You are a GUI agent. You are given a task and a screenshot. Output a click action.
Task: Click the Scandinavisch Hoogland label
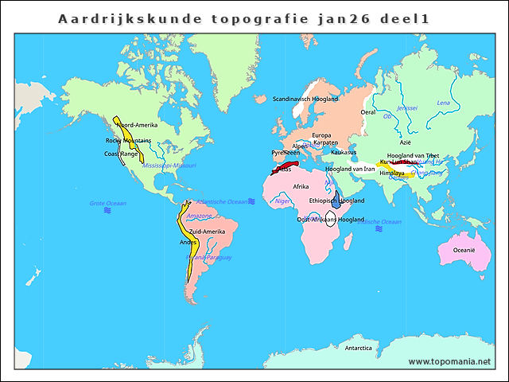coord(305,99)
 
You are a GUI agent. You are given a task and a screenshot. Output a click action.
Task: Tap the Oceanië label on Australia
coord(464,250)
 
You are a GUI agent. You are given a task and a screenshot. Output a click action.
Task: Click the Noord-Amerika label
coord(137,125)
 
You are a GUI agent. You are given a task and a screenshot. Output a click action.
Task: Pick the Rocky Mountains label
coord(128,140)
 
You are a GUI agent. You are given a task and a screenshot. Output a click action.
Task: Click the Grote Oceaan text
coord(107,204)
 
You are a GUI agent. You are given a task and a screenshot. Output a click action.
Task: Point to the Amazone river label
coord(198,216)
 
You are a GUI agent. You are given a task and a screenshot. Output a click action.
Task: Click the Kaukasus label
coord(343,152)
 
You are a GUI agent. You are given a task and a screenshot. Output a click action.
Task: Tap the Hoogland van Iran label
coord(350,169)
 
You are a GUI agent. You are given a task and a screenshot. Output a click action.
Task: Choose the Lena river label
coord(444,103)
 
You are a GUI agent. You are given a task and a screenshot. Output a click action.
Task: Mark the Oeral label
coord(368,112)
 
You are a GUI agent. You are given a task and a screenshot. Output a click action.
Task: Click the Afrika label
coord(301,186)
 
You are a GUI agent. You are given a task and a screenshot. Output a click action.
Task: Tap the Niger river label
coord(282,201)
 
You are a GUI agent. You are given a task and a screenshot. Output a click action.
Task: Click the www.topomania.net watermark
coord(449,361)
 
